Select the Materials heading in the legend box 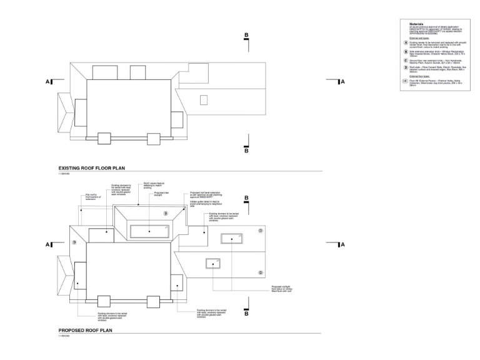[x=416, y=24]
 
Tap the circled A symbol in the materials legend [x=406, y=42]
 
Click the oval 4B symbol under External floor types [x=406, y=81]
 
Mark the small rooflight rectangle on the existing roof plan [x=203, y=100]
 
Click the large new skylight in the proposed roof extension [x=150, y=231]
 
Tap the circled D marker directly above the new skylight [x=166, y=214]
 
